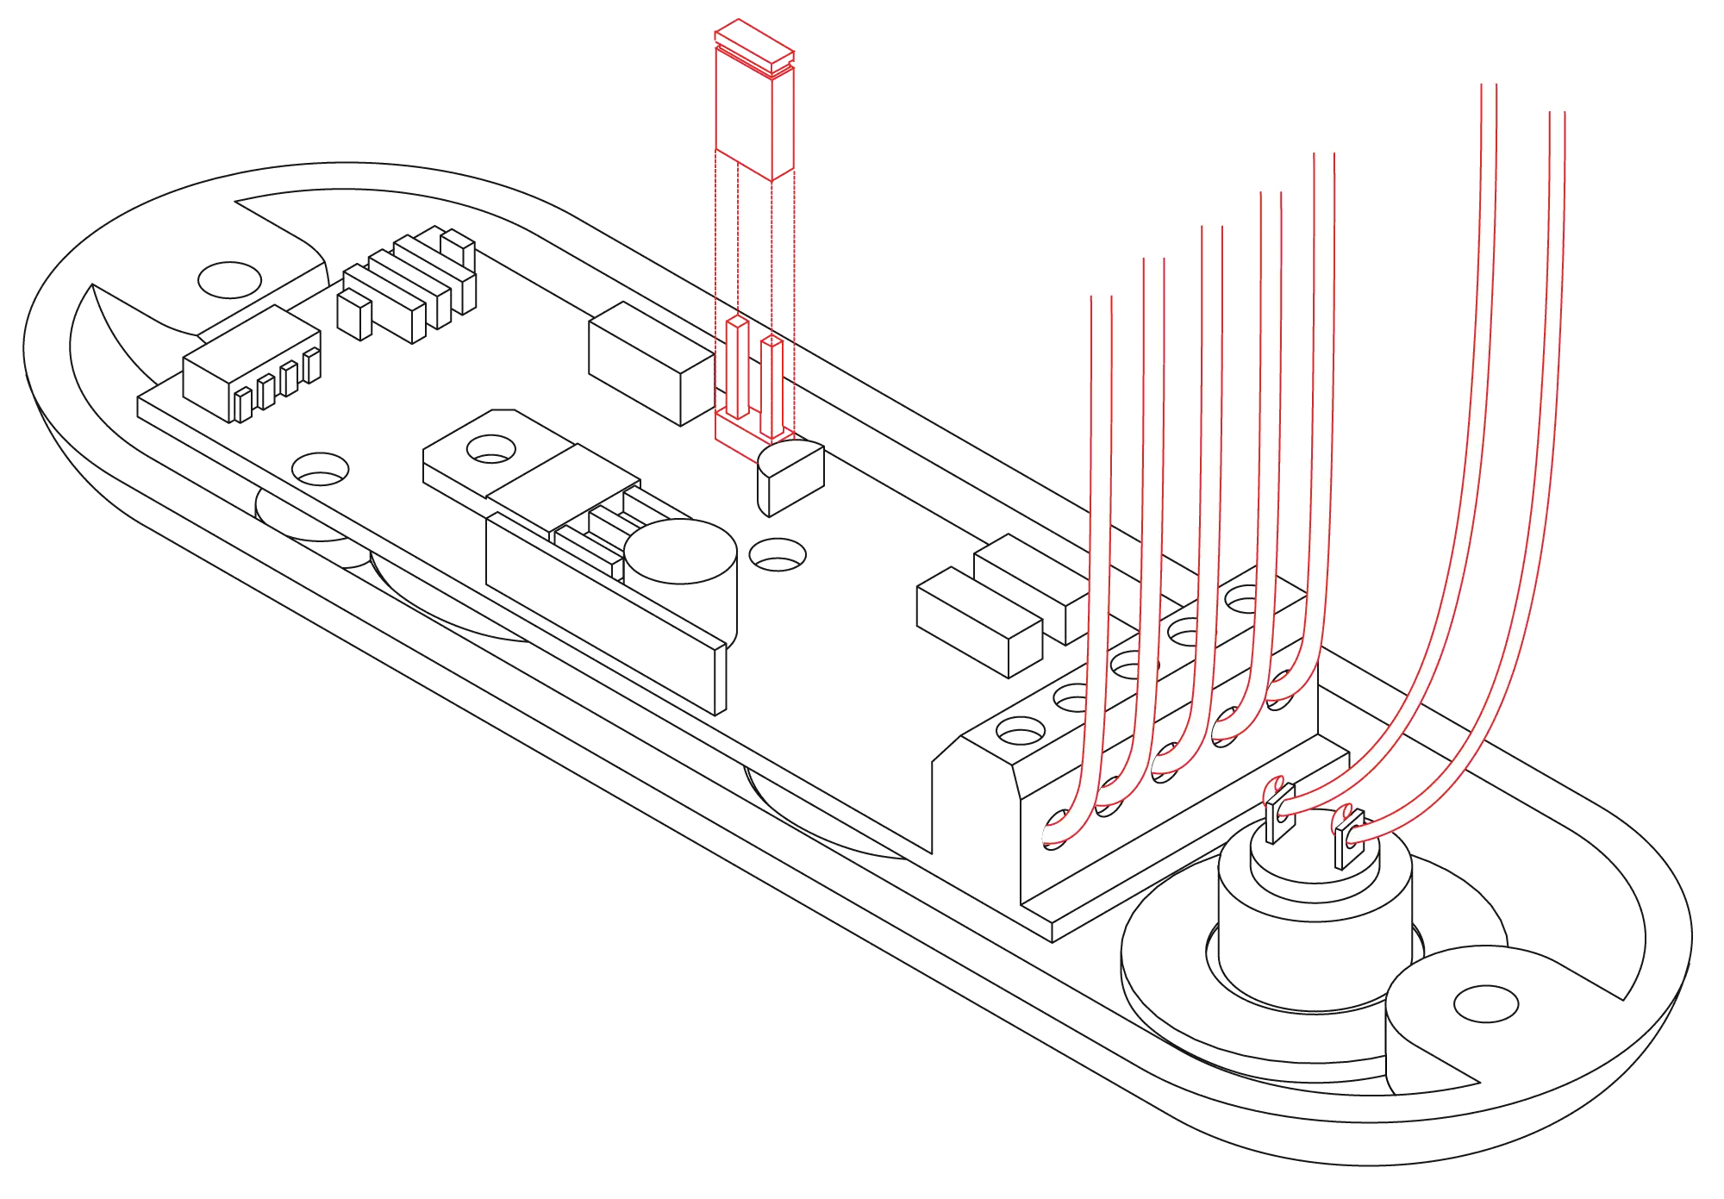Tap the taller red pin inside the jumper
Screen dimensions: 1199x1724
[738, 366]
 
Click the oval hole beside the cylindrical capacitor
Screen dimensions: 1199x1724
[776, 553]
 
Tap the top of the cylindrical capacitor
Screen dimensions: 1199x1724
[681, 552]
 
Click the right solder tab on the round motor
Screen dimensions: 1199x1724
[1342, 840]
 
